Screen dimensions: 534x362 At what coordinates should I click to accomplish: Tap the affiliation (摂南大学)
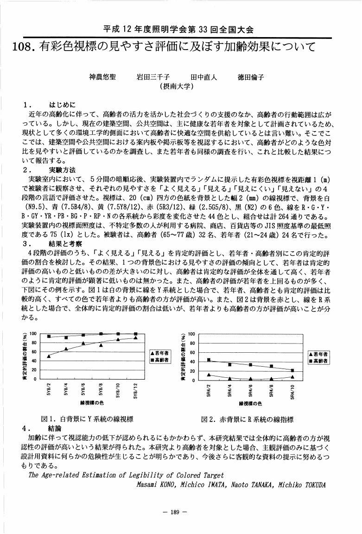[176, 86]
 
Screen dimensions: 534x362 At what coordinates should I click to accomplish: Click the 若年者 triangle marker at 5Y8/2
[49, 356]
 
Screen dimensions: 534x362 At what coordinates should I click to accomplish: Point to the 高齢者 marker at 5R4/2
[209, 360]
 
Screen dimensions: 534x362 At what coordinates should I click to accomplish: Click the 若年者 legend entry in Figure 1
[161, 353]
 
